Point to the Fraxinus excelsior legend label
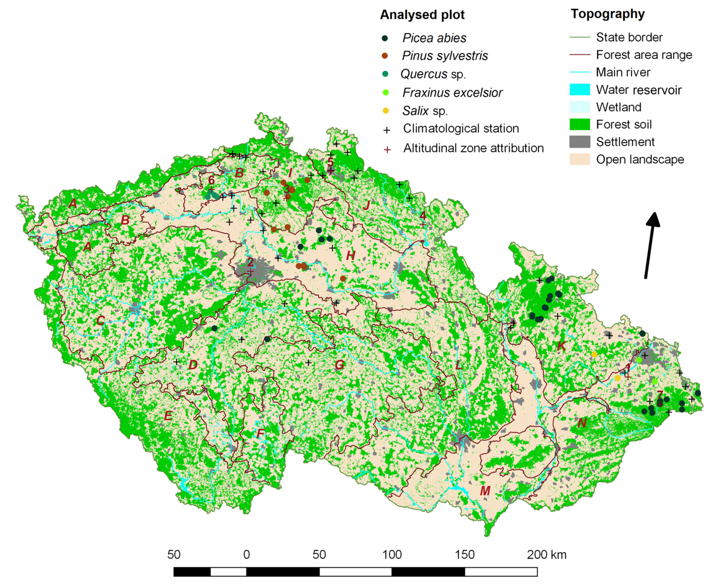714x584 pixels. (452, 93)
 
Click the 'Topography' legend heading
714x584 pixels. (607, 14)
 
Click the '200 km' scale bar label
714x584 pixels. (546, 555)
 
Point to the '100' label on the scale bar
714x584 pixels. (392, 555)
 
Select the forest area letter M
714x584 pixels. (485, 491)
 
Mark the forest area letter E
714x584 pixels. (168, 416)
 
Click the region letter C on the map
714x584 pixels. (100, 320)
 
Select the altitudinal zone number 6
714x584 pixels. (211, 180)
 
